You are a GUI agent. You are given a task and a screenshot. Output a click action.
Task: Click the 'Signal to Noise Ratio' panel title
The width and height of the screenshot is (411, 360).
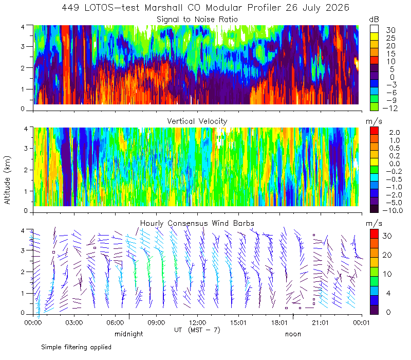(197, 20)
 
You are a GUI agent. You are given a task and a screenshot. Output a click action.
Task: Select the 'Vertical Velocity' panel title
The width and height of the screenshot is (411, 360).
(197, 121)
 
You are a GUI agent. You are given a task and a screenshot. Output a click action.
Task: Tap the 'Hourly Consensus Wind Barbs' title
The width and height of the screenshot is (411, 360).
(197, 223)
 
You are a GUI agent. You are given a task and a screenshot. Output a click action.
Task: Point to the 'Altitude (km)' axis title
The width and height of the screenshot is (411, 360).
(7, 180)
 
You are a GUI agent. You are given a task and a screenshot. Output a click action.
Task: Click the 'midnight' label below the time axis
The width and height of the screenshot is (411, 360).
(129, 334)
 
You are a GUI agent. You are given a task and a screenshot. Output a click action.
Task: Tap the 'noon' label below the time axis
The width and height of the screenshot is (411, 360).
(293, 334)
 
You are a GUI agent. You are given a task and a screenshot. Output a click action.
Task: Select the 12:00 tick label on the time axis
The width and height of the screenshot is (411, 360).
(197, 322)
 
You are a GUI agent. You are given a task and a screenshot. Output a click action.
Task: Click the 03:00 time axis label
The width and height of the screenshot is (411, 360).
(74, 322)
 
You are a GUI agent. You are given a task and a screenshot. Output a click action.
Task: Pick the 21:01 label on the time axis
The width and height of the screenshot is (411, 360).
(320, 322)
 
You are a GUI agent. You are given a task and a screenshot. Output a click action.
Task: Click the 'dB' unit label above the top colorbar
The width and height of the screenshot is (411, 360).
(374, 20)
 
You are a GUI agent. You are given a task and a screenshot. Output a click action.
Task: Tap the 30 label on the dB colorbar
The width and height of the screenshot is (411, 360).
(390, 30)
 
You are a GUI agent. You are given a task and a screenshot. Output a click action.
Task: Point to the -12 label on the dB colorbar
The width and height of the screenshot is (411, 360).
(390, 108)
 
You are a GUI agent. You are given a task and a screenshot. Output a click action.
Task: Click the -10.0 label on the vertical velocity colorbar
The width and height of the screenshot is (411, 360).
(393, 210)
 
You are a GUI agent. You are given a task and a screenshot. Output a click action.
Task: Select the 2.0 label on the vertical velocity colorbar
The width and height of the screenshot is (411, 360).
(395, 133)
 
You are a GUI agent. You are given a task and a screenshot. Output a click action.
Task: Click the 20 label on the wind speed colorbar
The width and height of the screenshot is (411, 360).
(387, 255)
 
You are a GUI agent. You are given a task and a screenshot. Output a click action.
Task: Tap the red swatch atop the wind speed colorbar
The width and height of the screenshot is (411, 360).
(374, 234)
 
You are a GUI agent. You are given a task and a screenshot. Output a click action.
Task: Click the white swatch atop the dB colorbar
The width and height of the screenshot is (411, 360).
(374, 29)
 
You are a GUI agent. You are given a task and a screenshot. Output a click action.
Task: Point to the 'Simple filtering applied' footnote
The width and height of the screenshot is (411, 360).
(76, 347)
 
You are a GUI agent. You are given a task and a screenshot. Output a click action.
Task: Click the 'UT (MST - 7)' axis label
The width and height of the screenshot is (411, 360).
(197, 330)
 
